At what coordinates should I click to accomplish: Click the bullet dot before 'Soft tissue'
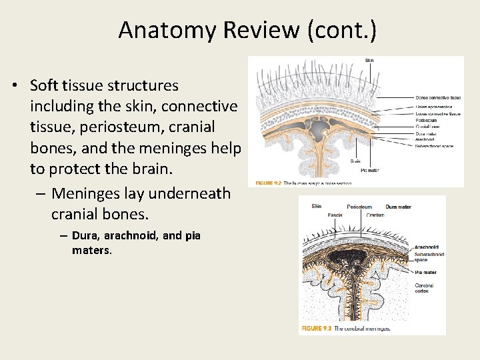click(13, 86)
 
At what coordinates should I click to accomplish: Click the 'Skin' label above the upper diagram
click(369, 61)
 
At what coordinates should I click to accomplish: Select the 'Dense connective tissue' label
click(438, 98)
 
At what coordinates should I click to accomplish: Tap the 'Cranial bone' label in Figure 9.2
click(427, 126)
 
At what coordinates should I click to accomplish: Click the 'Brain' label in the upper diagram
click(356, 161)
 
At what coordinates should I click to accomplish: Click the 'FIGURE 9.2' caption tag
click(268, 183)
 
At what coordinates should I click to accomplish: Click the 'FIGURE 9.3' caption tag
click(317, 329)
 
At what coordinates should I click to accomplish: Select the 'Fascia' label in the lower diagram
click(335, 215)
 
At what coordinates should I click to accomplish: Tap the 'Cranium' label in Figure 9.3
click(375, 215)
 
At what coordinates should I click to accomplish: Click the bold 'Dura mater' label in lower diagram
click(399, 207)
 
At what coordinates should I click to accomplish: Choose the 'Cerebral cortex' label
click(425, 289)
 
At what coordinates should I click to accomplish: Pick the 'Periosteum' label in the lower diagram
click(359, 207)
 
